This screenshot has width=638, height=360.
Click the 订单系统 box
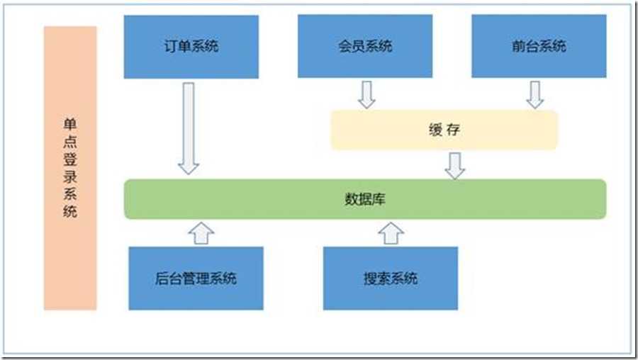click(x=191, y=47)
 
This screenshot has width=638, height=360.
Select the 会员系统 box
click(x=365, y=46)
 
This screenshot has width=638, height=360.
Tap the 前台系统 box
click(x=539, y=46)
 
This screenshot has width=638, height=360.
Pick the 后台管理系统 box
click(x=196, y=279)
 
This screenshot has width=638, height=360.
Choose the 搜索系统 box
click(x=391, y=279)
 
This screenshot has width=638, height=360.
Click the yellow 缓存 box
click(x=444, y=130)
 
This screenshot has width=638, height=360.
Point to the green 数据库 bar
click(x=365, y=199)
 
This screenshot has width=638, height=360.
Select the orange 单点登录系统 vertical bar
click(x=70, y=168)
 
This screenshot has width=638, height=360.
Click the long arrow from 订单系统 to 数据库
click(x=189, y=128)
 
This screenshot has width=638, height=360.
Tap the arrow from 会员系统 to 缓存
click(x=366, y=95)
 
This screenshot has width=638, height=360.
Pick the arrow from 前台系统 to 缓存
click(x=535, y=95)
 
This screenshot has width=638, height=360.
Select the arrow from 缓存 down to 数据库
click(x=455, y=166)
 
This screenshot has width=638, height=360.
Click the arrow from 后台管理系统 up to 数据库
click(x=201, y=233)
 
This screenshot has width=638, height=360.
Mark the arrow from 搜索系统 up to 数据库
click(x=391, y=233)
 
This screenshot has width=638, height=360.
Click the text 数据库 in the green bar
click(x=365, y=199)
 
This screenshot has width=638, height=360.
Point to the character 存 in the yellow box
click(x=454, y=130)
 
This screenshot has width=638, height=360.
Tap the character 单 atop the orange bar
click(x=70, y=123)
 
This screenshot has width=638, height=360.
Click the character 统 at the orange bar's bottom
click(x=70, y=211)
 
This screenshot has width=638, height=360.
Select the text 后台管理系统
click(x=196, y=279)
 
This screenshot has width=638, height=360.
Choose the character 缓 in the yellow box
click(x=435, y=130)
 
